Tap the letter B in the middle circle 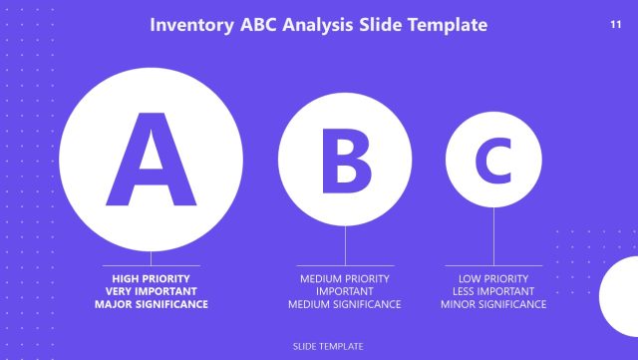coord(345,160)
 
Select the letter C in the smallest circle coord(493,160)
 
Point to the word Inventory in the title coord(193,25)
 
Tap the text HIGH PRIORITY coord(152,278)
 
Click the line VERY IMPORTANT coord(152,291)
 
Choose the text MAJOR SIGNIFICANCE coord(152,304)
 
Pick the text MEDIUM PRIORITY coord(345,278)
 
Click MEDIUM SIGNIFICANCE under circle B coord(345,304)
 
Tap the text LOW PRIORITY coord(493,278)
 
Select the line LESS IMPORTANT coord(493,291)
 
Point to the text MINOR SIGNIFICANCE coord(493,304)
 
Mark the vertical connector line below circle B coord(345,245)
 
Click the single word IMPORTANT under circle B coord(345,291)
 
